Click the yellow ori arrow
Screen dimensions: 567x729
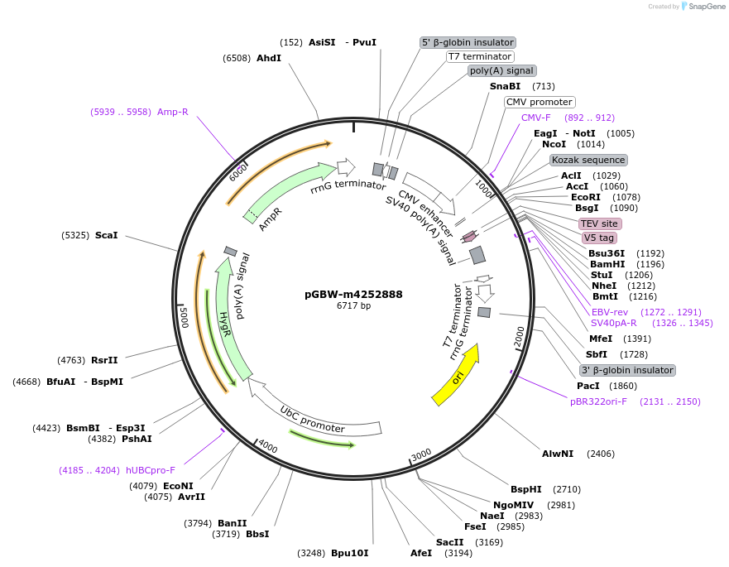[x=456, y=377]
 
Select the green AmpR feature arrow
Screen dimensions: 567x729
[x=285, y=192]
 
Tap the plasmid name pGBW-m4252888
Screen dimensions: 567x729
[x=353, y=294]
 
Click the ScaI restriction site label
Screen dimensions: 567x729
[x=106, y=235]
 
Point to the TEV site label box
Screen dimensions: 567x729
[x=600, y=223]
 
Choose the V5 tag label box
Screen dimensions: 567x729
[x=598, y=238]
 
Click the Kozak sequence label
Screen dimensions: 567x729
[x=588, y=160]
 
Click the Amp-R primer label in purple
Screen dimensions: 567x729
[x=173, y=112]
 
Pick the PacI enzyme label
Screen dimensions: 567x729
[x=588, y=386]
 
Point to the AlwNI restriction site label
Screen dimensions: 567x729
[x=558, y=454]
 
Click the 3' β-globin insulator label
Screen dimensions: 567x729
[x=626, y=370]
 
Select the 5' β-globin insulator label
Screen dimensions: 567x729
[x=468, y=42]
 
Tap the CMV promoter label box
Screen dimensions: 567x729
[x=540, y=102]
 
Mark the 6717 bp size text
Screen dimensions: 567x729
[x=353, y=306]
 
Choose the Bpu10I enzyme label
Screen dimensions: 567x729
[x=349, y=552]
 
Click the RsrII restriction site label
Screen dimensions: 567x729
[x=104, y=360]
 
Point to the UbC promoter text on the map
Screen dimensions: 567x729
[x=311, y=419]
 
